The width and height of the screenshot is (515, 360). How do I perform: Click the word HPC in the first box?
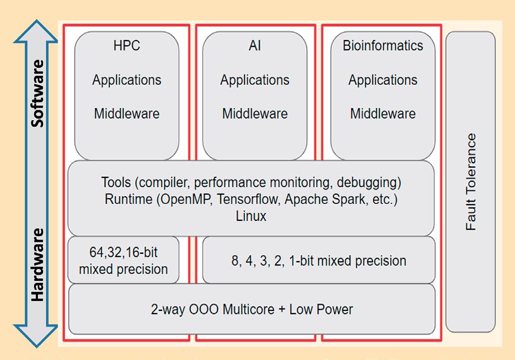[126, 46]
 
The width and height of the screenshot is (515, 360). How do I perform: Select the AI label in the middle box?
[254, 46]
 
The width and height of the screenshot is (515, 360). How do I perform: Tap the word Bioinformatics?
[383, 46]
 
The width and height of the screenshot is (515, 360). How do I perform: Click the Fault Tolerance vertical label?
[470, 182]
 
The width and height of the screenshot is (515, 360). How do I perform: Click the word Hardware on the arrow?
[37, 265]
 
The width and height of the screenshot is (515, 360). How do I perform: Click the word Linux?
[250, 216]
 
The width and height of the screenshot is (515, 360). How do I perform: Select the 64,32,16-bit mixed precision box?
[123, 260]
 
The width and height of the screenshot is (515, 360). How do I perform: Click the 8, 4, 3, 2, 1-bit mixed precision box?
[319, 261]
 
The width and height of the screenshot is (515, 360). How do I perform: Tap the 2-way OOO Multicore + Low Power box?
[251, 309]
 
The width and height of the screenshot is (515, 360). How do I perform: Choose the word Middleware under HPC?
[126, 114]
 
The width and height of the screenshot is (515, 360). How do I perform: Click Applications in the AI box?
[254, 80]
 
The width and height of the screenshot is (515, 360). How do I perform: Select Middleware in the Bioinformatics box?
[383, 114]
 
